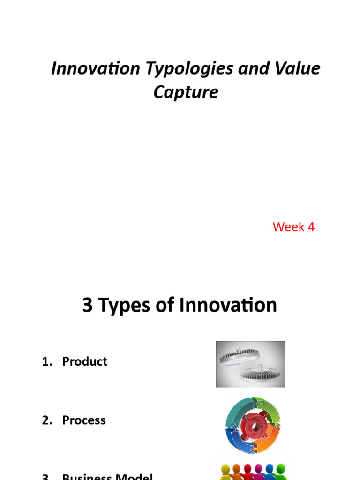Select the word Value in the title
pos(298,68)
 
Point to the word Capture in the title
pos(186,92)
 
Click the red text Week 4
pos(293,227)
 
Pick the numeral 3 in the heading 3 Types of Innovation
pos(87,305)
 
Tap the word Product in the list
pos(84,361)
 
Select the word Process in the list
pos(84,420)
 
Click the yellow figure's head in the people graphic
pos(225,469)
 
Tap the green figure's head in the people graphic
pos(281,469)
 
